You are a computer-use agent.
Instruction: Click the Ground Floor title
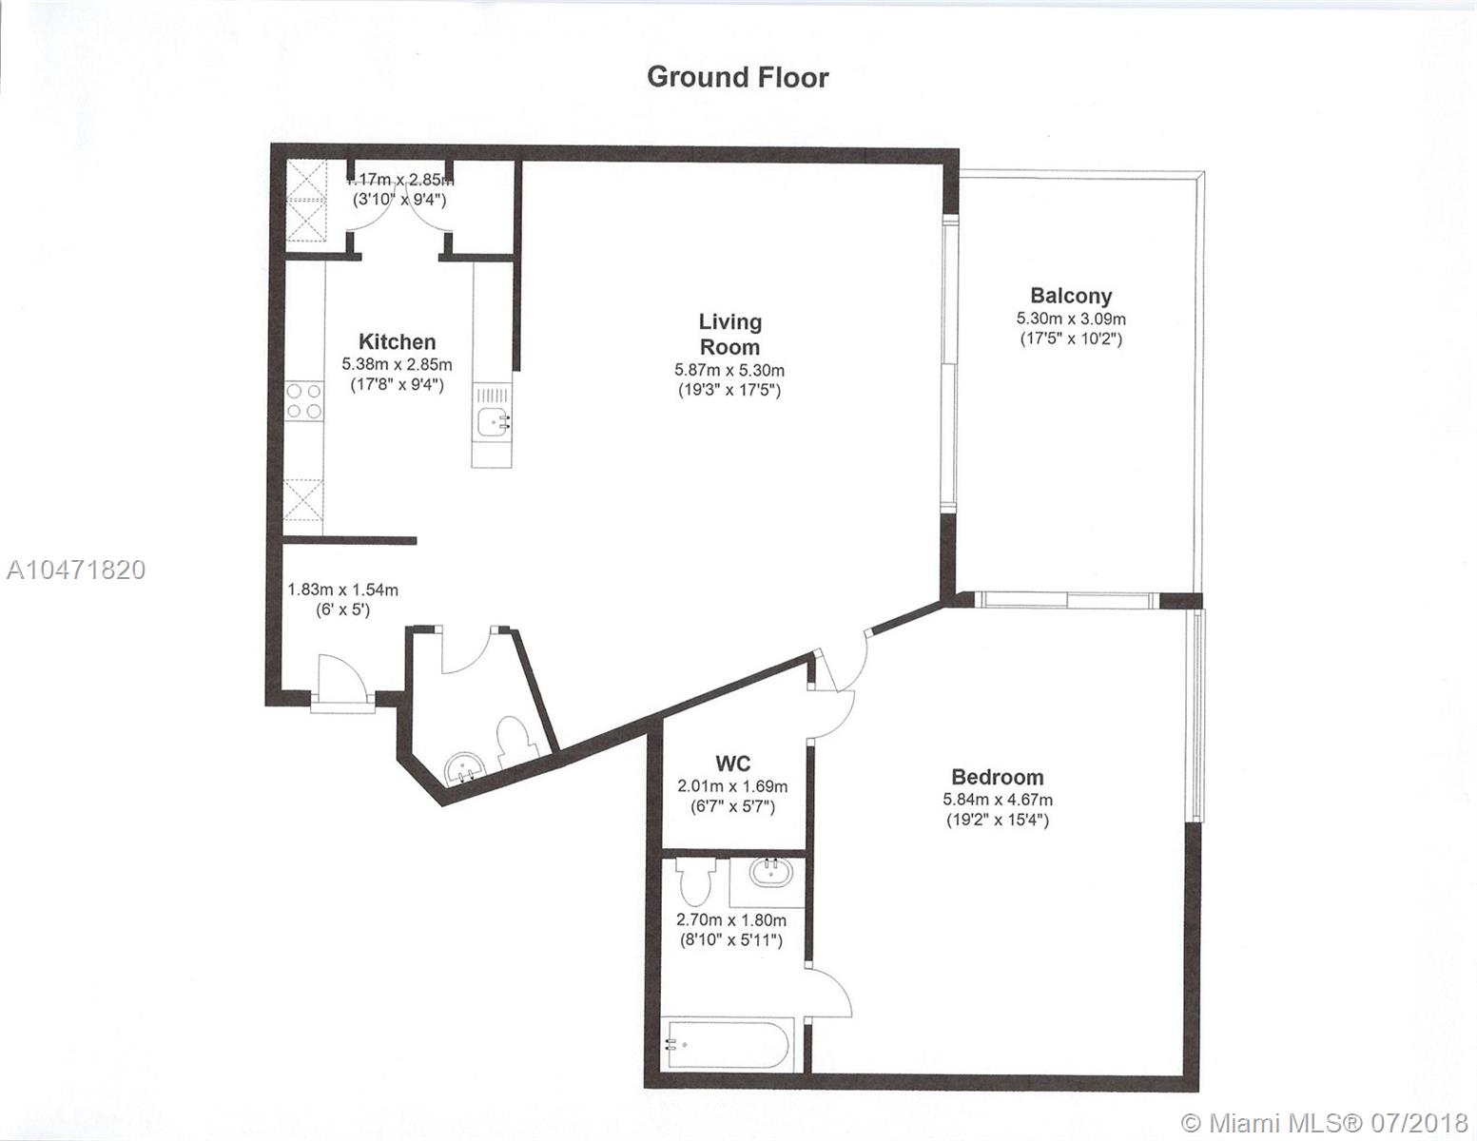737,77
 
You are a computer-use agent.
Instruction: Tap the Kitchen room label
397,341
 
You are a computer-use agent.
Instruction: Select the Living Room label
730,335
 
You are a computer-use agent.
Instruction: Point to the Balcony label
1071,296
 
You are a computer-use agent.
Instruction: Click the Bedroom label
997,777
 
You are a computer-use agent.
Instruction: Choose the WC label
732,764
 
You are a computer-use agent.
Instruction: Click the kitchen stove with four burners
303,401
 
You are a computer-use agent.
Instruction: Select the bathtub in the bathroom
727,1046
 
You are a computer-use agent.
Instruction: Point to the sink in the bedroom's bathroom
770,872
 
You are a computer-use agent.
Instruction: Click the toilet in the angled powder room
515,740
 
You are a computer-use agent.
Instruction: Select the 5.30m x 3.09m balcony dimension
1071,318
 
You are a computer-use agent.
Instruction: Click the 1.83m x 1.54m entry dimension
342,590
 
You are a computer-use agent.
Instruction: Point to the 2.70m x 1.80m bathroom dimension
731,920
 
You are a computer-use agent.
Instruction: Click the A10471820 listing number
76,570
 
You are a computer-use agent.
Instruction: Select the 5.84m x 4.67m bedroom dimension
998,801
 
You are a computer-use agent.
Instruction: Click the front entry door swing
344,676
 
